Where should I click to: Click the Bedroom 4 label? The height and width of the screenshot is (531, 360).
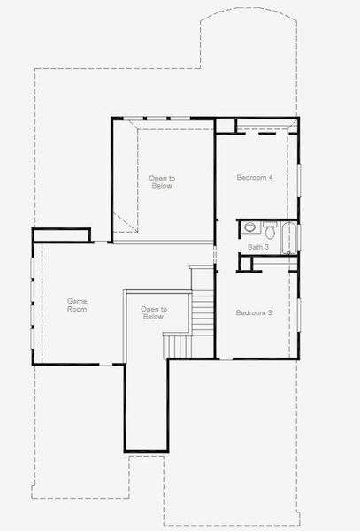pos(255,178)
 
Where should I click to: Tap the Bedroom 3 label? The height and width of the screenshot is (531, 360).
pos(253,313)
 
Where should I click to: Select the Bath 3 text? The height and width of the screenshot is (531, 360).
pos(257,247)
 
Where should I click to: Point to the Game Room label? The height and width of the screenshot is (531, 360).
pos(78,305)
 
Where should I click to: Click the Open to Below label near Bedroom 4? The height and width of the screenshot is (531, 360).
pos(162,182)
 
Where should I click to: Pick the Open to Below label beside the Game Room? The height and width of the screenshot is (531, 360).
pos(153,312)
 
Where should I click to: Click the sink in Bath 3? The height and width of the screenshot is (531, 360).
pos(249,227)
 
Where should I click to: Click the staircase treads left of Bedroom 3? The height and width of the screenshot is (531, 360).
pos(203,310)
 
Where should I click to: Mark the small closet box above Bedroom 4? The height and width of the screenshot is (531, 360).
pos(226,126)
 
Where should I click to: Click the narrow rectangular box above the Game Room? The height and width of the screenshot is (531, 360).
pos(62,235)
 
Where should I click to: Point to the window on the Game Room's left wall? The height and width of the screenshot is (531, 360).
pos(33,301)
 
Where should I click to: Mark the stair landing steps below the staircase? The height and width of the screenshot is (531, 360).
pos(177,345)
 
